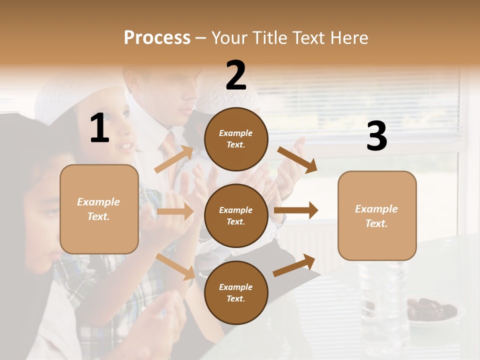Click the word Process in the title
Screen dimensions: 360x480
click(x=157, y=37)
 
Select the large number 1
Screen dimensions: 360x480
click(x=99, y=128)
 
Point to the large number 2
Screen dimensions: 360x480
click(x=236, y=75)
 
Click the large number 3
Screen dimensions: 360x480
click(x=376, y=136)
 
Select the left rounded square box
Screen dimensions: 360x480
click(x=99, y=209)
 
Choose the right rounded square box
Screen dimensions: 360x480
click(x=377, y=215)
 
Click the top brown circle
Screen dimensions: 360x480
click(x=236, y=139)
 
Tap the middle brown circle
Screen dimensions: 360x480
click(x=236, y=215)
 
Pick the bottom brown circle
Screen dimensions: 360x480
click(x=236, y=292)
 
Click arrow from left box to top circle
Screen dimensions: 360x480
click(x=174, y=159)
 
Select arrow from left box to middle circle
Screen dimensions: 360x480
click(x=175, y=211)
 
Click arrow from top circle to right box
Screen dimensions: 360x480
click(x=297, y=159)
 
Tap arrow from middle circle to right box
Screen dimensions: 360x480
click(x=296, y=210)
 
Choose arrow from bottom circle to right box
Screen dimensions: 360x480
click(x=294, y=265)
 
